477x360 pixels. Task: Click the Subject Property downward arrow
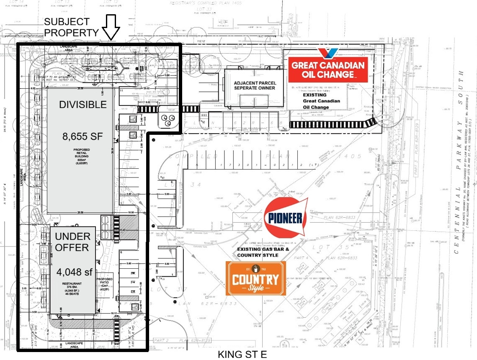[111, 27]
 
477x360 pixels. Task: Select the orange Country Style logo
[255, 278]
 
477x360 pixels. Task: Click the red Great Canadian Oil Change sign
[328, 70]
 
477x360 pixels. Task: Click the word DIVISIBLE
[83, 105]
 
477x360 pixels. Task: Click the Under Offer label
[72, 242]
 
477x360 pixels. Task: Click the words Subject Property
[71, 27]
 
